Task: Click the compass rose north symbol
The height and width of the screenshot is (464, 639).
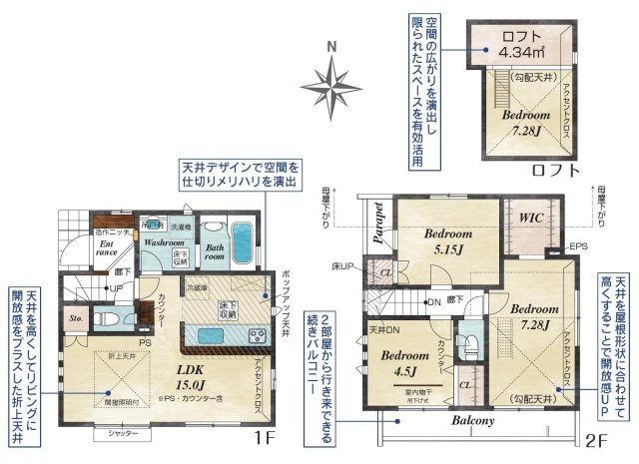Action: [x=333, y=77]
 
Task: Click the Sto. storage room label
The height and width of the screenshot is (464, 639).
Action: [x=74, y=321]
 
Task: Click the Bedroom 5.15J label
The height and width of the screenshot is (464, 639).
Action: [x=447, y=240]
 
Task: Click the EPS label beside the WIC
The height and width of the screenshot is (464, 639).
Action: [x=577, y=245]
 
